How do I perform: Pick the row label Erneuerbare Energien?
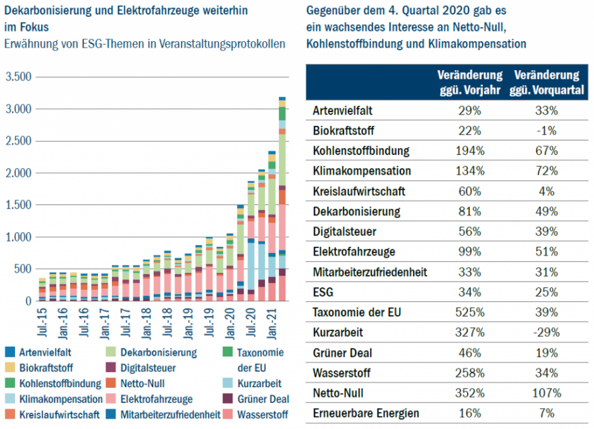click(366, 413)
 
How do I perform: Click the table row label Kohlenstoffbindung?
click(361, 151)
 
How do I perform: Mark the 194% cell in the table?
click(469, 151)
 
